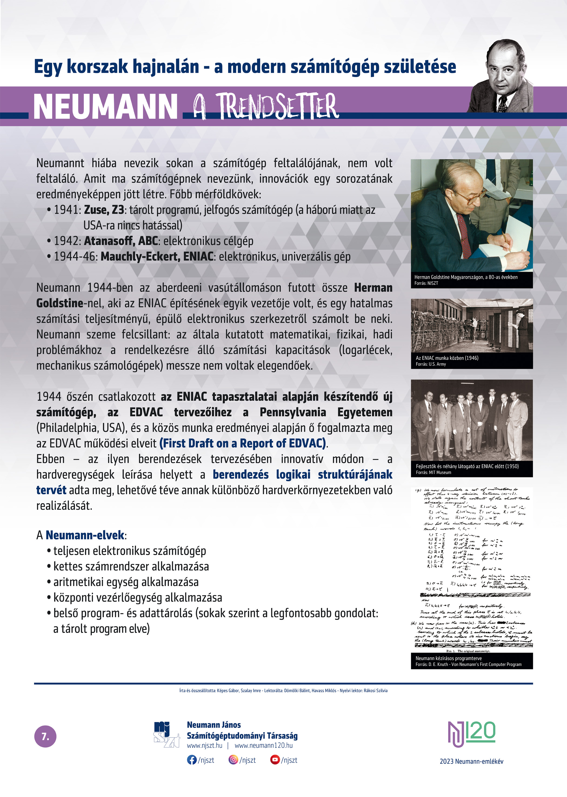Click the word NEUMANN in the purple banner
tap(105, 107)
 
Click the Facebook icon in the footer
tap(192, 760)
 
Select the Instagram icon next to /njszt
tap(233, 760)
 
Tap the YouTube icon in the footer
tap(275, 760)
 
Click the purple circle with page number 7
tap(45, 737)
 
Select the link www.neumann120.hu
tap(264, 746)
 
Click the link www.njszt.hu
tap(204, 746)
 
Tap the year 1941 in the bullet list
tap(67, 210)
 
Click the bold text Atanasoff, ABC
tap(121, 241)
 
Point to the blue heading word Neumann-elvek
tap(85, 535)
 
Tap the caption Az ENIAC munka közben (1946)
tap(447, 358)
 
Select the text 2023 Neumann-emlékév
tap(471, 761)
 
